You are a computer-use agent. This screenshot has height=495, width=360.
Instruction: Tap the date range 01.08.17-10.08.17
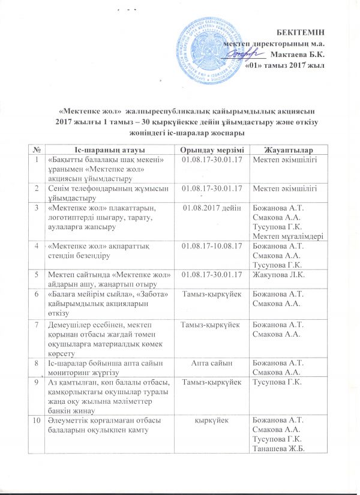(x=207, y=245)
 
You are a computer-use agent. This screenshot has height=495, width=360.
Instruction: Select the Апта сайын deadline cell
(x=207, y=363)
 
